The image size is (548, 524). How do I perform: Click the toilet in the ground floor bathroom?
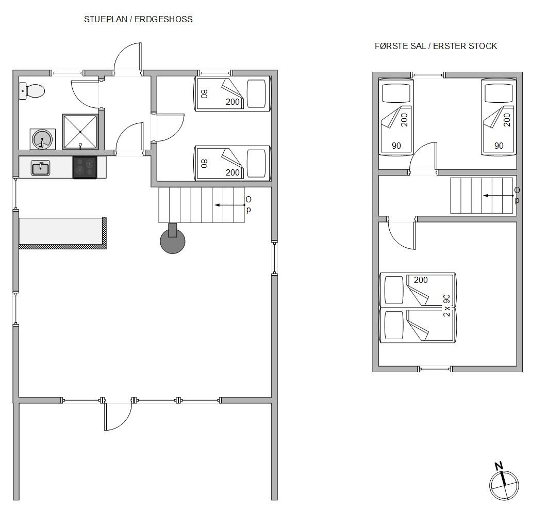coord(32,91)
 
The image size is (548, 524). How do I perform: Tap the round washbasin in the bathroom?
coord(42,139)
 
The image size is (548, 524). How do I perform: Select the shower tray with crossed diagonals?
coord(80,132)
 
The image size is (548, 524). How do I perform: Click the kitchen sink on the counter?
coord(41,168)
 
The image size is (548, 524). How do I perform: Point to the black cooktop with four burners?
coord(85,167)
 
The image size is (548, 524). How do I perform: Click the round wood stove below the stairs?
coord(173,240)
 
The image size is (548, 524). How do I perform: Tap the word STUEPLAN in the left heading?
coord(106,19)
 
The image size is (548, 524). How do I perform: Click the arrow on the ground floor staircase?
coord(229,205)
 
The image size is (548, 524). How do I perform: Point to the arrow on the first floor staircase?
coord(499,195)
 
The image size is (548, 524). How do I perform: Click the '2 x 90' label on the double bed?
coord(446,306)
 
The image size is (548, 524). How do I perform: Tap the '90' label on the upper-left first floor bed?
coord(396,146)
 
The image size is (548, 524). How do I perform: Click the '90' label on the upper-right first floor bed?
coord(499,146)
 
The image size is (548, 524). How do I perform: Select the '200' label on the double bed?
coord(421,280)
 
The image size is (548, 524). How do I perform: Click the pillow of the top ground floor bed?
coord(257,93)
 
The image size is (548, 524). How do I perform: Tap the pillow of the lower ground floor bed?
coord(257,164)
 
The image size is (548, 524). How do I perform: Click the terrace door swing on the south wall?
coord(118,416)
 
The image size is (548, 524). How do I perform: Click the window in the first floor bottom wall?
coord(435,369)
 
